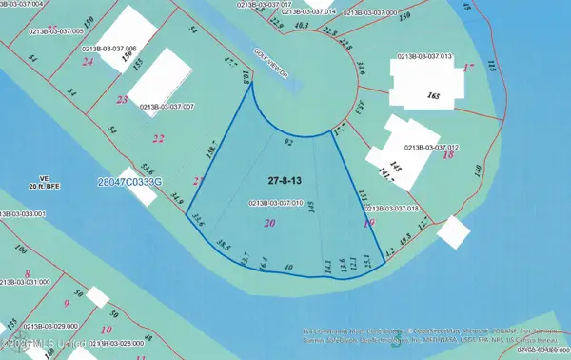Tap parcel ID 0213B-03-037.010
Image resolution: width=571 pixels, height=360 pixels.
(276, 202)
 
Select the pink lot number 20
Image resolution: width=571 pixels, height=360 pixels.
(270, 223)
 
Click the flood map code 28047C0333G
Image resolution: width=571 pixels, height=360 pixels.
(130, 181)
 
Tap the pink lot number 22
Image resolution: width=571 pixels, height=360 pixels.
(159, 139)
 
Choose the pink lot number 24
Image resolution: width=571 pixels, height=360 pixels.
(88, 62)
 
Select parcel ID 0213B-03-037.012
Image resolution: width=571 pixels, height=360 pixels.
(432, 148)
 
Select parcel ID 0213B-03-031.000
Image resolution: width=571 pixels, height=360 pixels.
(23, 282)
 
